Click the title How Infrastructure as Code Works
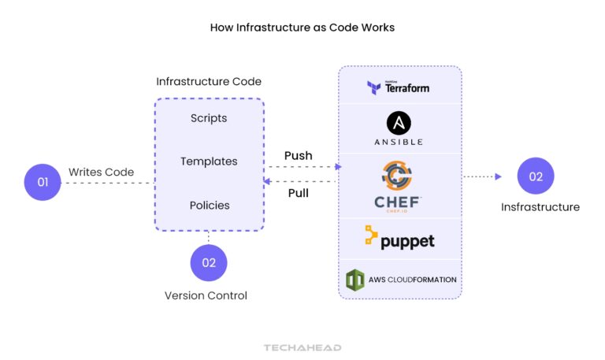tap(302, 27)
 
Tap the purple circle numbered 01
tap(43, 183)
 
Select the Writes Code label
tap(101, 172)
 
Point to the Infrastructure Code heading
tap(209, 81)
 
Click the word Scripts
tap(209, 118)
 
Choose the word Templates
tap(209, 161)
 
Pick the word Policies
tap(210, 205)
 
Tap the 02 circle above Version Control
tap(209, 263)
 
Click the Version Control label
tap(206, 295)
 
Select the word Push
tap(298, 155)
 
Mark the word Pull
tap(298, 193)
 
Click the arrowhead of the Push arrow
tap(338, 167)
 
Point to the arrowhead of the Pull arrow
tap(266, 182)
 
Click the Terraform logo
tap(399, 87)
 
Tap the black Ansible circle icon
tap(399, 122)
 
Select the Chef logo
tap(398, 186)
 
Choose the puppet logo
tap(399, 238)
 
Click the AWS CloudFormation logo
tap(401, 280)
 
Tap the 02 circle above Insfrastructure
tap(536, 176)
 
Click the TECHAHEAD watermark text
tap(302, 347)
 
